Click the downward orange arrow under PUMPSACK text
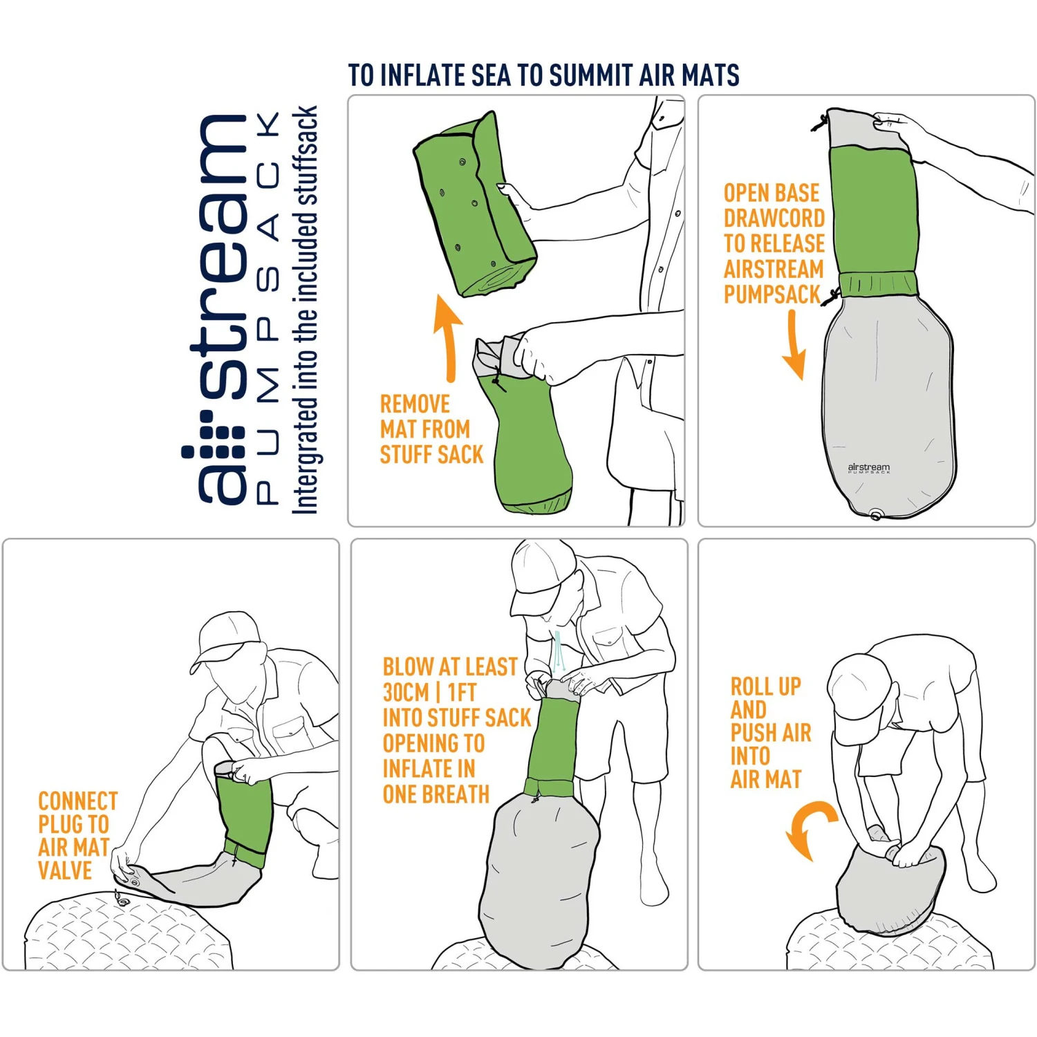pos(794,346)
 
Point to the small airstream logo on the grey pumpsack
pos(869,468)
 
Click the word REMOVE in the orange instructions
pos(415,404)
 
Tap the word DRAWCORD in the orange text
pos(774,218)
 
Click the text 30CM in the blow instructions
pos(406,692)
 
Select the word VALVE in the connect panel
pos(65,870)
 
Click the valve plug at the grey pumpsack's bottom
pos(875,515)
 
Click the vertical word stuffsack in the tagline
pos(305,156)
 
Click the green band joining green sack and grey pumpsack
pos(879,283)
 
